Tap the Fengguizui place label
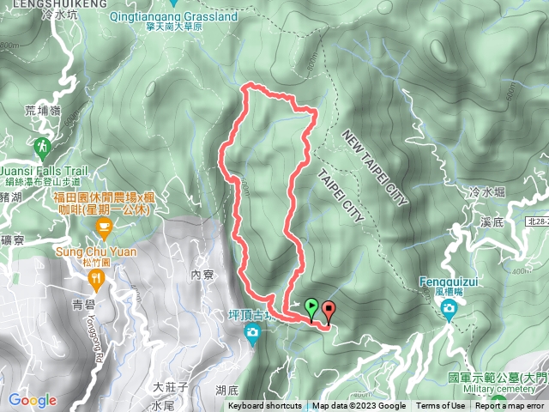(448, 281)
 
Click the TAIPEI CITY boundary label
(341, 195)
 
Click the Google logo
(33, 400)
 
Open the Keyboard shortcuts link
(264, 406)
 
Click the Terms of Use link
(440, 406)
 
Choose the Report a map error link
(510, 406)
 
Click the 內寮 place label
(202, 275)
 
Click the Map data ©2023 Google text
(359, 406)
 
